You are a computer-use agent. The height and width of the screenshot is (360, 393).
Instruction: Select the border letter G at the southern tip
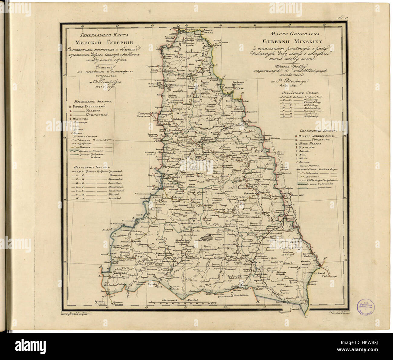click(x=306, y=317)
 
